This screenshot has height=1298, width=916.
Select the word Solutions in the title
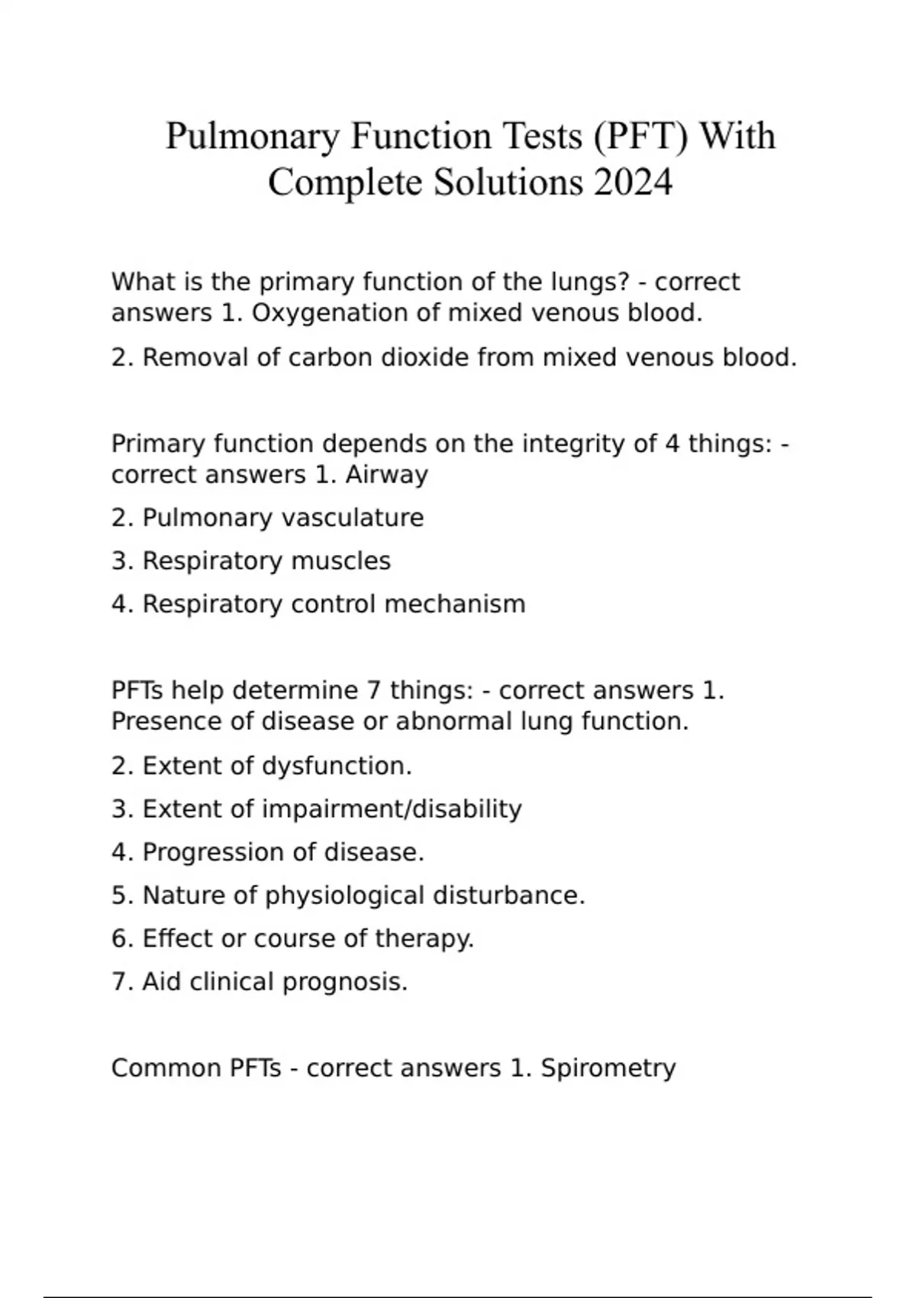(507, 182)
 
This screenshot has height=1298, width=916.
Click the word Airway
(386, 475)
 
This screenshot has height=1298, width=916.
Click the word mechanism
(455, 604)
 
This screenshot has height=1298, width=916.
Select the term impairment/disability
(392, 809)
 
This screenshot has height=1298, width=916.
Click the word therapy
(424, 938)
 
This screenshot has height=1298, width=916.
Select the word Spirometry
(608, 1068)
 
